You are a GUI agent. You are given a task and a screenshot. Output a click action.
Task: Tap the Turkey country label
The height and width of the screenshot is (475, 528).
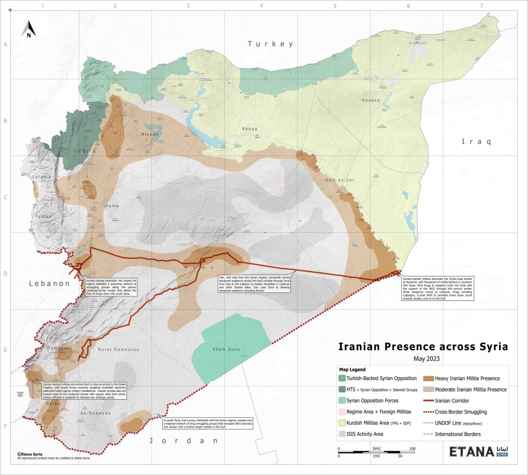tap(270, 44)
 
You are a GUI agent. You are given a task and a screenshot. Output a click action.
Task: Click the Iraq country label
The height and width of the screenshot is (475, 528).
tap(476, 142)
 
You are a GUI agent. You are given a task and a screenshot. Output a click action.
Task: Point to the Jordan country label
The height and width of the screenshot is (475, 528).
tap(183, 441)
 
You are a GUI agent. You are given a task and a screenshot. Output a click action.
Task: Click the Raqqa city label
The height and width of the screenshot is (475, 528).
tap(249, 129)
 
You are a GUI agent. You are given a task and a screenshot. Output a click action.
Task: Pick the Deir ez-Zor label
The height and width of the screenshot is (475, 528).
tap(339, 180)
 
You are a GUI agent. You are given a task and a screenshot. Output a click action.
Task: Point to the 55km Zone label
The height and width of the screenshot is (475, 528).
tap(226, 350)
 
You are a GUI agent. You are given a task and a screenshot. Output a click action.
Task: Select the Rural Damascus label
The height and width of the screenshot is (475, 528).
tap(118, 350)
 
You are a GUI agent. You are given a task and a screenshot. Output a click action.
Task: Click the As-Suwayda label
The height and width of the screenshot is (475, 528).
tap(96, 413)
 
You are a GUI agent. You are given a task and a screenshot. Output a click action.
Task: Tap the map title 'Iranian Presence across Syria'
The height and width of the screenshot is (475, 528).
tap(423, 347)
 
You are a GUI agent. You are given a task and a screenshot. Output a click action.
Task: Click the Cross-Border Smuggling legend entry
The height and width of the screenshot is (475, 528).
tap(455, 412)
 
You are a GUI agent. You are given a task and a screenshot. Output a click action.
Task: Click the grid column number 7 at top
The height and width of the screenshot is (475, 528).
tap(481, 6)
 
